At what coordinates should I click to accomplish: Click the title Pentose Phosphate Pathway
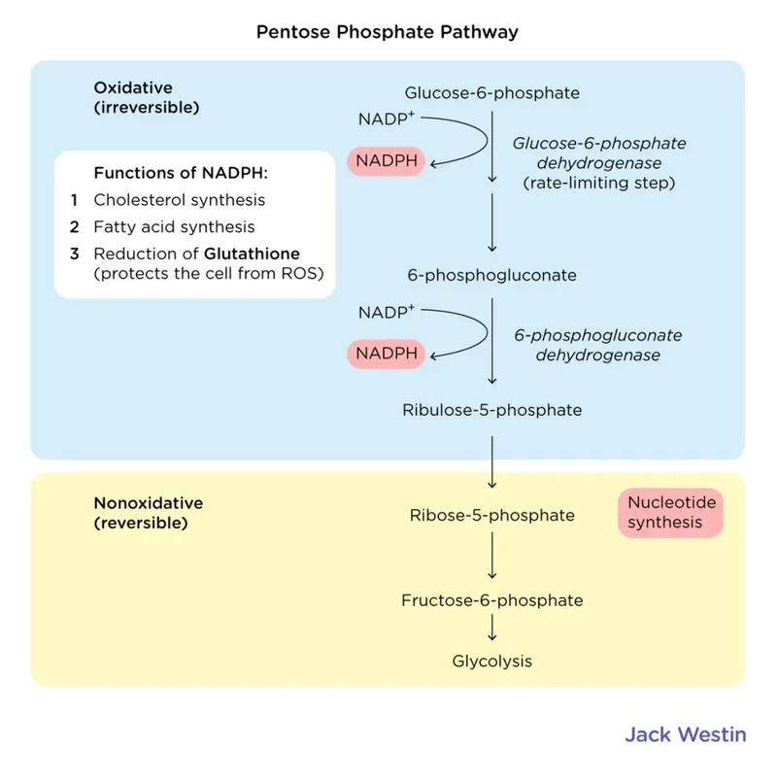click(x=387, y=32)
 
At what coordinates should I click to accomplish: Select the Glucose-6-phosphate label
click(x=491, y=93)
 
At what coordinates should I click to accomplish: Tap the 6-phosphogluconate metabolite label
click(x=491, y=275)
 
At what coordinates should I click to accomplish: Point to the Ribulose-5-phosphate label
click(x=491, y=410)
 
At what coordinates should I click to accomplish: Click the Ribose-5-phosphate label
click(x=491, y=515)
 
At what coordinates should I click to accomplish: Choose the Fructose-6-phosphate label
click(x=491, y=600)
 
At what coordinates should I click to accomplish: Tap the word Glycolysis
click(x=491, y=661)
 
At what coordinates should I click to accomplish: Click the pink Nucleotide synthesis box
click(x=670, y=513)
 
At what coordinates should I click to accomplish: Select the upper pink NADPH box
click(x=387, y=161)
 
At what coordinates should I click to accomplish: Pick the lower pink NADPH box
click(x=387, y=354)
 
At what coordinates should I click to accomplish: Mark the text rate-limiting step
click(x=598, y=182)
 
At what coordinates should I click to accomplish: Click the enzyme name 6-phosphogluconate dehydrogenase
click(x=598, y=345)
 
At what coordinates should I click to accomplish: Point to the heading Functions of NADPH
click(x=180, y=173)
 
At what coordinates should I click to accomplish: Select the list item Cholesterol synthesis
click(x=180, y=200)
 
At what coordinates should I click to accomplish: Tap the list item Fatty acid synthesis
click(x=175, y=226)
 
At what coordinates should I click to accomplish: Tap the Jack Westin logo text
click(x=685, y=734)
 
